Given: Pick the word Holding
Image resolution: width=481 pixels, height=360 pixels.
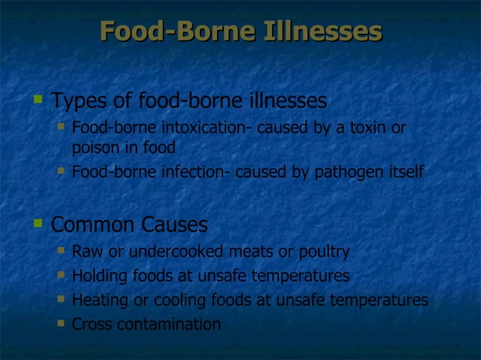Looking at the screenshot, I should click(100, 276).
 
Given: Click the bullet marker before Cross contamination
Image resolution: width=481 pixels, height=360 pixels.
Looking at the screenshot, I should click(61, 324).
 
